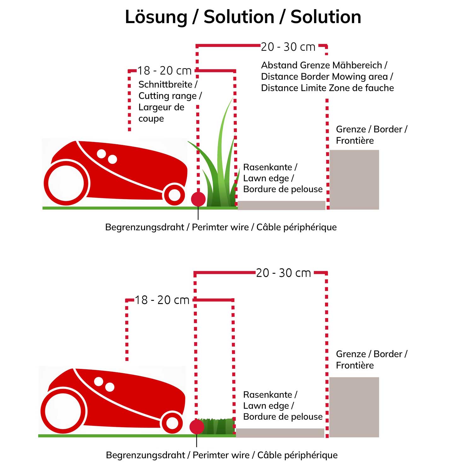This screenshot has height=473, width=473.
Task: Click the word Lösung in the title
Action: tap(156, 17)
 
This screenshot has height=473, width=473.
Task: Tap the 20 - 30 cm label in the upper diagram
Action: tap(288, 47)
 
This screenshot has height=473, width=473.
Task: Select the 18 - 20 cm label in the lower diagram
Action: tap(162, 300)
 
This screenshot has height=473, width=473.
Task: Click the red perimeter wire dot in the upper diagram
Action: tap(198, 199)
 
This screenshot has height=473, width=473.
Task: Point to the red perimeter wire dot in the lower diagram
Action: tap(197, 427)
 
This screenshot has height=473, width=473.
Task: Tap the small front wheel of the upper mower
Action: tap(174, 195)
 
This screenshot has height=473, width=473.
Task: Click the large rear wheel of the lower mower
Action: tap(63, 411)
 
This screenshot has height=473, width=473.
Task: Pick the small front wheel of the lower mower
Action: tap(172, 423)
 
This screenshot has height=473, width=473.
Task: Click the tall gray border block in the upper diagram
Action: tap(354, 179)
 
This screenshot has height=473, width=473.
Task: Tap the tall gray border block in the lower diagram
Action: tap(354, 407)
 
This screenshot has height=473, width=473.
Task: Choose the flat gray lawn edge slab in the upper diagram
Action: tap(281, 205)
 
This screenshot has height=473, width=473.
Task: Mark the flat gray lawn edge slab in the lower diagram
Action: tap(280, 433)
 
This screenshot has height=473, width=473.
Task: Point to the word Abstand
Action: tap(279, 65)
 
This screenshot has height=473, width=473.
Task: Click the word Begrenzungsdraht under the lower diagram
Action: tap(145, 455)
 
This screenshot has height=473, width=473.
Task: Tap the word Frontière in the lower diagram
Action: tap(355, 365)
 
